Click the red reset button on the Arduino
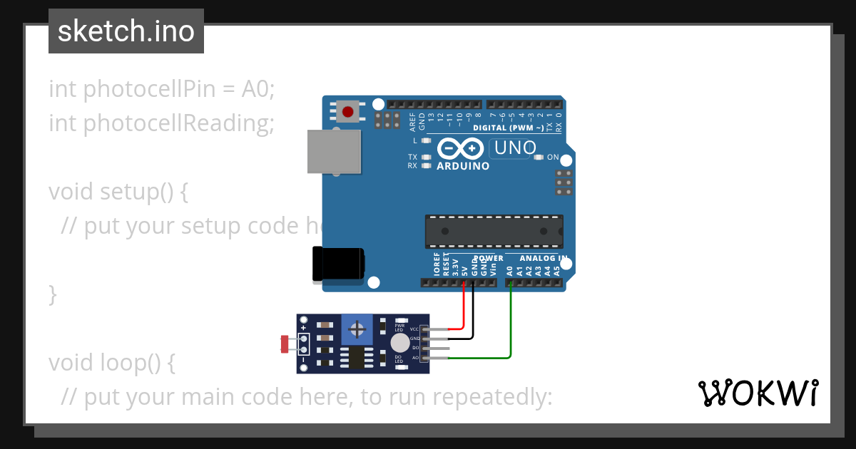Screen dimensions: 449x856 click(x=348, y=112)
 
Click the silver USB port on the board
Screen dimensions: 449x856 click(x=333, y=152)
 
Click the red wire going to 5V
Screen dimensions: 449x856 click(x=464, y=306)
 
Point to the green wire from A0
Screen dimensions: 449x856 click(x=511, y=321)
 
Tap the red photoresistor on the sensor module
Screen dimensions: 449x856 click(x=285, y=344)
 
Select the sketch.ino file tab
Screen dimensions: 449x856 click(x=126, y=31)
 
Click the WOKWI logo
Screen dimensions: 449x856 click(x=758, y=393)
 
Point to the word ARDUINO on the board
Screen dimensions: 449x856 click(x=463, y=166)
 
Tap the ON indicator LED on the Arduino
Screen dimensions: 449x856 click(x=539, y=157)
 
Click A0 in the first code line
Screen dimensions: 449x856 click(x=258, y=89)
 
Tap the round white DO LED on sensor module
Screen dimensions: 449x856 click(x=399, y=344)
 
